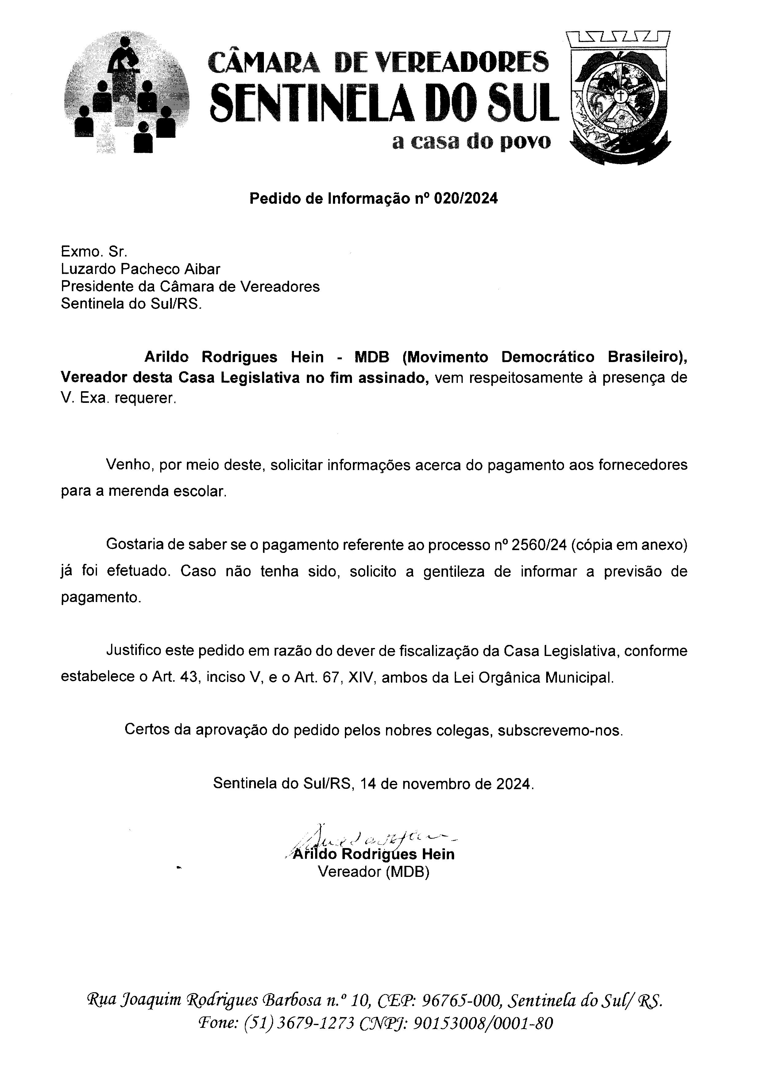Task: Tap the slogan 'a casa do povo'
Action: coord(471,141)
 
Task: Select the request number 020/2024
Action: coord(466,199)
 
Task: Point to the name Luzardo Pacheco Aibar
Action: coord(141,269)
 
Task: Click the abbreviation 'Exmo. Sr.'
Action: coord(94,252)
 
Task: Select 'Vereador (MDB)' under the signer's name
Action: coord(373,872)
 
